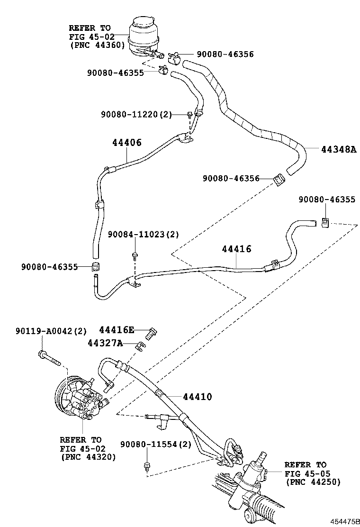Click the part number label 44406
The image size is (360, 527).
pos(127,142)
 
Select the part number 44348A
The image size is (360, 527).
pos(338,150)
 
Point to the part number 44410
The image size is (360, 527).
pos(196,397)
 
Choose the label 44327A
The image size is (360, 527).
pos(105,343)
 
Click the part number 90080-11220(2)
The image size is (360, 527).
pos(136,114)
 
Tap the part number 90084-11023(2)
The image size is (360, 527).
pos(143,235)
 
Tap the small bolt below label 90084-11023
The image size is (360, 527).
pos(135,256)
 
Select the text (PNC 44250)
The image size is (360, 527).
pos(313,482)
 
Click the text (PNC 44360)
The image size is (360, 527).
pos(97,45)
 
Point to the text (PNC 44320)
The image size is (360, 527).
pos(89,457)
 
